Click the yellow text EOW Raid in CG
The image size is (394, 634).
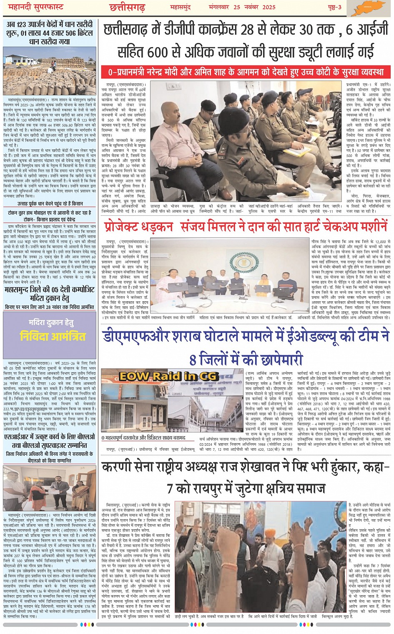(168, 376)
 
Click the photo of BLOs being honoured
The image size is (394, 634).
(50, 488)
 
